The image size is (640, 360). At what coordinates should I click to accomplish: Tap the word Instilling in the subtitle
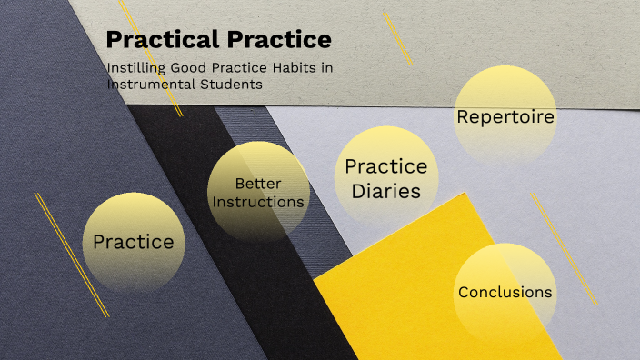pyautogui.click(x=134, y=68)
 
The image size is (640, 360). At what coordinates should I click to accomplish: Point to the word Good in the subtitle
pyautogui.click(x=185, y=68)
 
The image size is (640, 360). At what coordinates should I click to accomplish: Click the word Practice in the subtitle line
pyautogui.click(x=235, y=68)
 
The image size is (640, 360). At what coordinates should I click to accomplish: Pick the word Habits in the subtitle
pyautogui.click(x=290, y=68)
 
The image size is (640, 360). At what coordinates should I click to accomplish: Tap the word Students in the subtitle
pyautogui.click(x=230, y=84)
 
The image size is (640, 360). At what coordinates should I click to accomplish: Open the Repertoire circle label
pyautogui.click(x=505, y=116)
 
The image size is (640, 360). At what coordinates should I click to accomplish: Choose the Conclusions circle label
pyautogui.click(x=505, y=292)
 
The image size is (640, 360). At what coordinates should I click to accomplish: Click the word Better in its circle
pyautogui.click(x=258, y=184)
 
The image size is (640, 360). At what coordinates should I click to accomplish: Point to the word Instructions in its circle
pyautogui.click(x=258, y=201)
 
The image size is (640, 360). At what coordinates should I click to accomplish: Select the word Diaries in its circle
pyautogui.click(x=386, y=191)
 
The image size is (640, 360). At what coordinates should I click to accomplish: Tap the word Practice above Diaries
pyautogui.click(x=386, y=167)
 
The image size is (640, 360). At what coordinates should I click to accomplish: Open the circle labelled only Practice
pyautogui.click(x=134, y=242)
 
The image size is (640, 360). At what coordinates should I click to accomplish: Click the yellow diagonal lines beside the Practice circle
pyautogui.click(x=71, y=255)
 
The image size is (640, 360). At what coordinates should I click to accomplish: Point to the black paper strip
pyautogui.click(x=300, y=300)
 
